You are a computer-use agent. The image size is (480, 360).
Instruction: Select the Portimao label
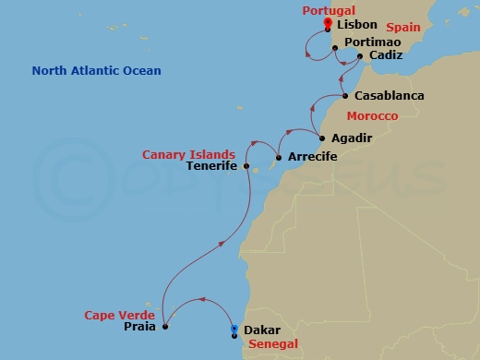[369, 42]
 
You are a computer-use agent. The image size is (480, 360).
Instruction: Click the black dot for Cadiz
[359, 56]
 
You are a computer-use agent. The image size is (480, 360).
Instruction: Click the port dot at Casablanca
[344, 96]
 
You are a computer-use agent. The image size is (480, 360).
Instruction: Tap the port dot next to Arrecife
[279, 158]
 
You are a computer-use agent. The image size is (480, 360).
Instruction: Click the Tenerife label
[212, 167]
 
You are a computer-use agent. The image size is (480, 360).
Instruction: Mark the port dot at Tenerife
[246, 167]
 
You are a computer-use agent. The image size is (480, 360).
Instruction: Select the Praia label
[139, 326]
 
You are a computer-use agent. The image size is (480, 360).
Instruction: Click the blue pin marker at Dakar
[234, 330]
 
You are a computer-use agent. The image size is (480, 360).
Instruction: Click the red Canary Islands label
[188, 154]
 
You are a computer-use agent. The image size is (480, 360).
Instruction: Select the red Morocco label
[372, 116]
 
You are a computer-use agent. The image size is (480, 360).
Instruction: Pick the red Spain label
[402, 29]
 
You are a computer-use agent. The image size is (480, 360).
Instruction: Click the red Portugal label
[328, 10]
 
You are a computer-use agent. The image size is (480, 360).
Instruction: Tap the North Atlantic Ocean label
[96, 71]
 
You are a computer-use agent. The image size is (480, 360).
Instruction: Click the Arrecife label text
[313, 157]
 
